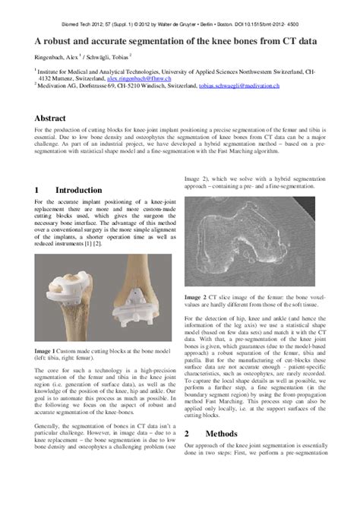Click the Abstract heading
[x=55, y=119]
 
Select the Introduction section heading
[x=78, y=190]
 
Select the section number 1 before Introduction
[x=37, y=190]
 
